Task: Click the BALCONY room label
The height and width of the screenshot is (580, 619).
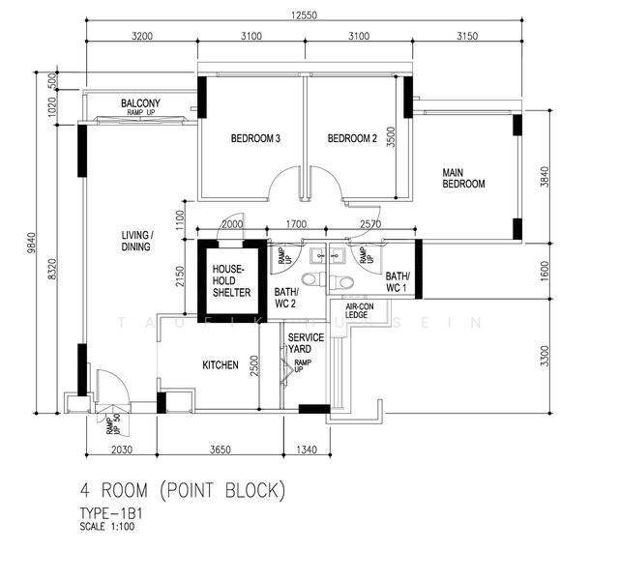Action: [140, 103]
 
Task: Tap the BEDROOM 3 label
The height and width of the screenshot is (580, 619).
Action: [255, 138]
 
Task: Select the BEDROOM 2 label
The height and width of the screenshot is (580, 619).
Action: [352, 138]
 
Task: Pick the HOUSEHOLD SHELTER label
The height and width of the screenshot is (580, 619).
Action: [232, 280]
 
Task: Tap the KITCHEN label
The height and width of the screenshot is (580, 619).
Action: [221, 365]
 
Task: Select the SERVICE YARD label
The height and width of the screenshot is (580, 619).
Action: [306, 343]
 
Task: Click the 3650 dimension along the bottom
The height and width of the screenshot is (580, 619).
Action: [221, 449]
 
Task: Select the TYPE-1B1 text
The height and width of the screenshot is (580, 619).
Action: [115, 513]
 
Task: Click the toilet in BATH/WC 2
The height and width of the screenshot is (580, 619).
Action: [339, 281]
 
